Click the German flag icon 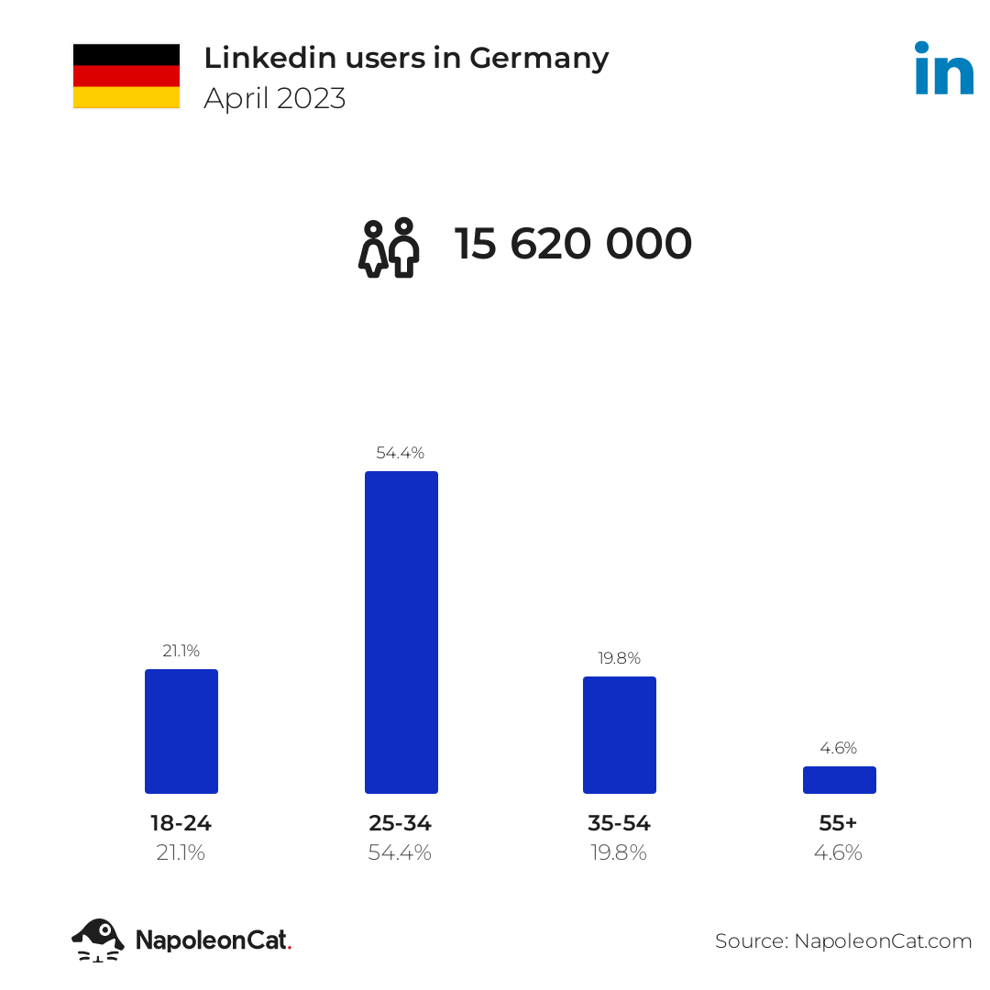pyautogui.click(x=126, y=76)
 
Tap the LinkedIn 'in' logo pyautogui.click(x=944, y=68)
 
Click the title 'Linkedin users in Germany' pyautogui.click(x=406, y=59)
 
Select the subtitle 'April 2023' pyautogui.click(x=275, y=98)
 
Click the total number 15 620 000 pyautogui.click(x=573, y=244)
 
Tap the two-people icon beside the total pyautogui.click(x=389, y=247)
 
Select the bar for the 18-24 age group pyautogui.click(x=181, y=731)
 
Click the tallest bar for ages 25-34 pyautogui.click(x=401, y=632)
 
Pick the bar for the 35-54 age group pyautogui.click(x=620, y=735)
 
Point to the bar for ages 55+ pyautogui.click(x=839, y=780)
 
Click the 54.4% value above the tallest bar pyautogui.click(x=401, y=453)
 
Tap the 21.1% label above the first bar pyautogui.click(x=181, y=651)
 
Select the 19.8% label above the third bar pyautogui.click(x=620, y=658)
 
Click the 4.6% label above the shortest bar pyautogui.click(x=839, y=748)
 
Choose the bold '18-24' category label pyautogui.click(x=181, y=823)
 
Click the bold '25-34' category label pyautogui.click(x=401, y=823)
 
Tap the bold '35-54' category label pyautogui.click(x=619, y=823)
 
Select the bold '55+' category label pyautogui.click(x=838, y=823)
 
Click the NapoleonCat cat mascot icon pyautogui.click(x=98, y=940)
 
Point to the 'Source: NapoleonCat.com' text pyautogui.click(x=843, y=941)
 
